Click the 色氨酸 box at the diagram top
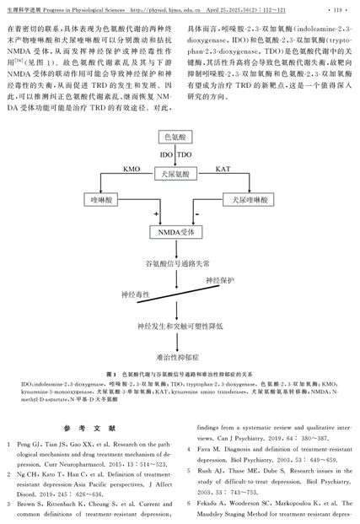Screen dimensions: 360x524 click(x=175, y=137)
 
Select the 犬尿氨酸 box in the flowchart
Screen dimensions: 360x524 click(x=175, y=174)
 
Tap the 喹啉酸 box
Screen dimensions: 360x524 click(x=101, y=200)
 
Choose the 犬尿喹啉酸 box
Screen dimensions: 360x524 click(x=249, y=200)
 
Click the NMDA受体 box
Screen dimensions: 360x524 click(x=176, y=232)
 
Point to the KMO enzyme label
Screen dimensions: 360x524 click(x=132, y=169)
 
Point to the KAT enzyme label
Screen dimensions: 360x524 click(x=223, y=169)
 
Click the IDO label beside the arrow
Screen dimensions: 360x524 click(x=166, y=154)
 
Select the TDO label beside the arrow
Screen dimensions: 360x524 click(x=185, y=154)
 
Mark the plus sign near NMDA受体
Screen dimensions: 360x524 click(x=156, y=213)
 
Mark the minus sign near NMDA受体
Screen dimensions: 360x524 click(x=197, y=213)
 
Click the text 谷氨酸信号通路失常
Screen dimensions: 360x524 click(x=177, y=263)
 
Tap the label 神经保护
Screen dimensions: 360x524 click(x=220, y=280)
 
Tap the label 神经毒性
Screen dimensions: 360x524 click(x=135, y=294)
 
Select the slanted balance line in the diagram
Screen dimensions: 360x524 click(x=179, y=294)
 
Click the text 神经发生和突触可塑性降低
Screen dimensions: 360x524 click(x=180, y=327)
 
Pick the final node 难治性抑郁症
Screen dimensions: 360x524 click(x=178, y=357)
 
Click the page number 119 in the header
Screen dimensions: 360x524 click(x=337, y=10)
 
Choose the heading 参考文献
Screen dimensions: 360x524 click(x=90, y=428)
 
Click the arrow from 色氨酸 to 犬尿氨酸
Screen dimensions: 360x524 click(x=175, y=155)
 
